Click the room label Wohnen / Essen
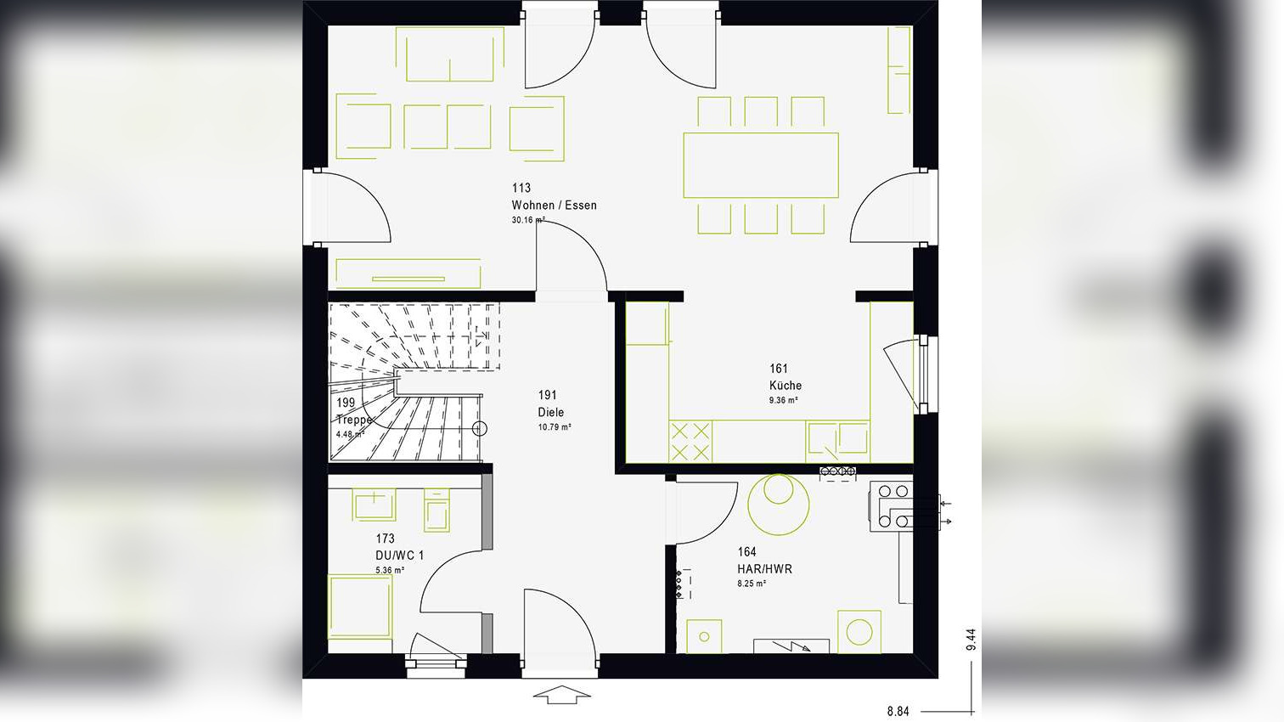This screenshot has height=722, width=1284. (x=554, y=205)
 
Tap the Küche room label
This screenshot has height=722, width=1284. (x=786, y=386)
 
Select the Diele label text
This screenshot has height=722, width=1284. (x=551, y=412)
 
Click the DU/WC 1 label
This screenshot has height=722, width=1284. (x=399, y=556)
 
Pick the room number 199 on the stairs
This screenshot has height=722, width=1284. (x=346, y=403)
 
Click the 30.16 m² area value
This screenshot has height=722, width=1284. (x=528, y=220)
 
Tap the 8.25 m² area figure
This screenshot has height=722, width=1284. (x=752, y=584)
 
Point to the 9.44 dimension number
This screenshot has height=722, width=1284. (x=971, y=640)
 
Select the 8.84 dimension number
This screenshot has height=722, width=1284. (x=898, y=711)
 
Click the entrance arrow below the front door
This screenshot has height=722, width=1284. (x=561, y=695)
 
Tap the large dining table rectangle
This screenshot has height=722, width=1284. (x=761, y=165)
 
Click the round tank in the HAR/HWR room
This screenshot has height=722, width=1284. (x=779, y=505)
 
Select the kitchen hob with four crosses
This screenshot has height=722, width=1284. (x=690, y=441)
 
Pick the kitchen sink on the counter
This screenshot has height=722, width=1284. (x=837, y=441)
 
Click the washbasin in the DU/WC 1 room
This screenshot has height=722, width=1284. (x=374, y=505)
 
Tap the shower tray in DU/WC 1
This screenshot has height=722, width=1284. (x=360, y=606)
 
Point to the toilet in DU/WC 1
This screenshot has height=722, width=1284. (x=436, y=510)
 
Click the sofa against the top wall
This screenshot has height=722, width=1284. (x=450, y=54)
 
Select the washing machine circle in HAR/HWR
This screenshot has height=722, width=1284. (x=859, y=632)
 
